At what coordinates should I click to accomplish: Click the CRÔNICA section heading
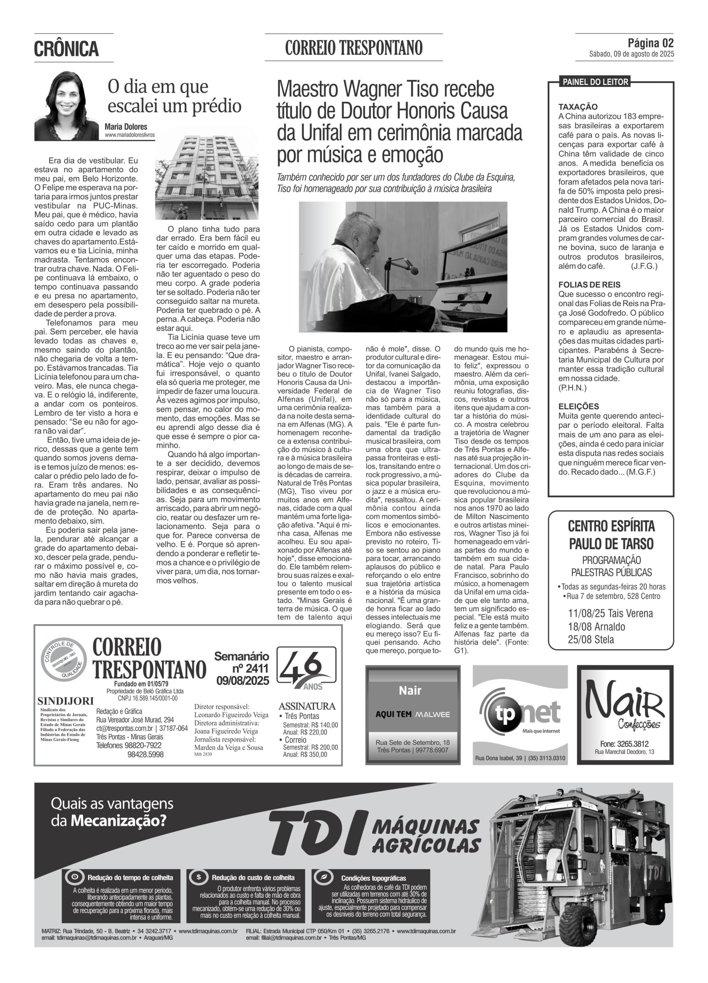tap(67, 48)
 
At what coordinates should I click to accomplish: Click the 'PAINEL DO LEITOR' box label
tap(595, 82)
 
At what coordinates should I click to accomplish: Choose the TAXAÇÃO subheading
tap(578, 107)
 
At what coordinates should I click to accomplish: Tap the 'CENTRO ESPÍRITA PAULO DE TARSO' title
tap(611, 535)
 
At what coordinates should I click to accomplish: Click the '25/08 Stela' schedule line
tap(591, 640)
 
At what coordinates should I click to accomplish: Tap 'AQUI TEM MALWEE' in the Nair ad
tap(412, 714)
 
